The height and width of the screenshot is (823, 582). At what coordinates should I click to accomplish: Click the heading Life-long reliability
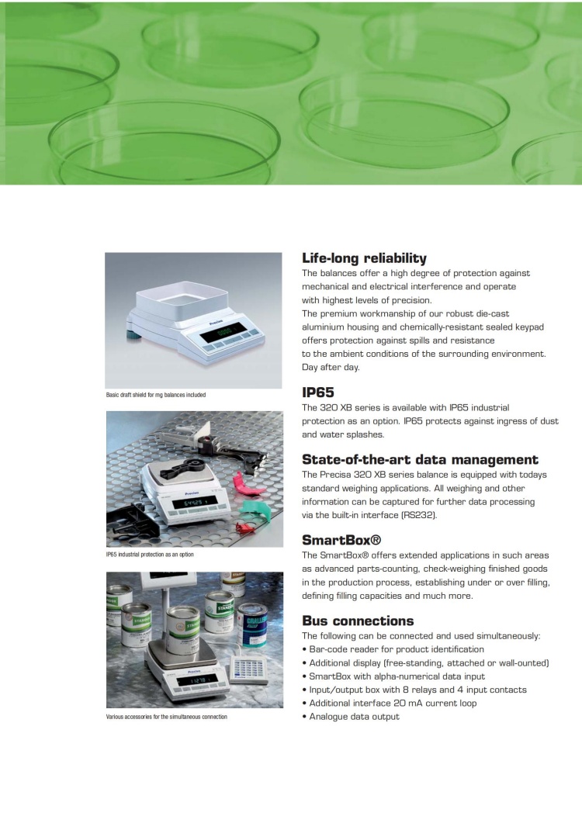pyautogui.click(x=364, y=258)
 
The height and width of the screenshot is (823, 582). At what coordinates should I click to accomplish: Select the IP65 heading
pyautogui.click(x=318, y=392)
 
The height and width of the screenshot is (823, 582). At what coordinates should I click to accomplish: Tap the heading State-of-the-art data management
pyautogui.click(x=420, y=459)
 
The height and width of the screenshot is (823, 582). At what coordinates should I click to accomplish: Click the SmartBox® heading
pyautogui.click(x=341, y=540)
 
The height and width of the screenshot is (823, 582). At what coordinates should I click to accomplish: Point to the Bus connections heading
pyautogui.click(x=358, y=621)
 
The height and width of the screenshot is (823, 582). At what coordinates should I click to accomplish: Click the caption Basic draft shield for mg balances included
pyautogui.click(x=156, y=395)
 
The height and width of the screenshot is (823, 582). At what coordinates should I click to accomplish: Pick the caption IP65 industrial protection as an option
pyautogui.click(x=150, y=555)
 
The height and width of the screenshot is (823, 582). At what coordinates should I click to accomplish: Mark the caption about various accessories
pyautogui.click(x=166, y=717)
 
